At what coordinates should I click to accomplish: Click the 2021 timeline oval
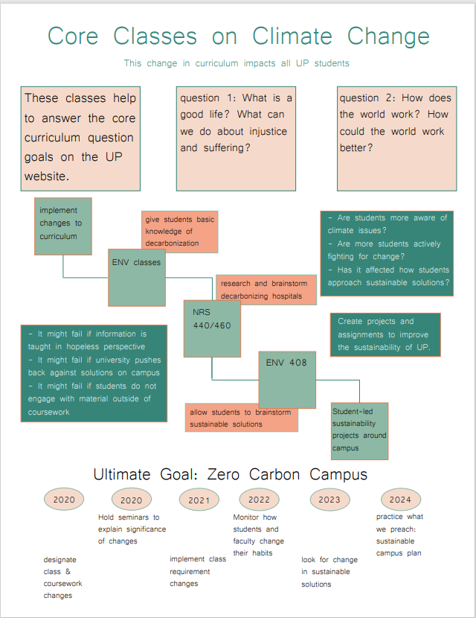199,500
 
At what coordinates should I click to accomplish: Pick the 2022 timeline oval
259,500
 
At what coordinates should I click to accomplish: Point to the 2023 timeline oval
329,500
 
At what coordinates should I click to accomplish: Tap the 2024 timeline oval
400,500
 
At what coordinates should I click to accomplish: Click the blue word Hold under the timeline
106,517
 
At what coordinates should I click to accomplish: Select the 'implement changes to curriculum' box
62,224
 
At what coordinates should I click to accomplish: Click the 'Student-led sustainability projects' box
359,430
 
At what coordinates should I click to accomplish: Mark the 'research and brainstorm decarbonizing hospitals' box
266,290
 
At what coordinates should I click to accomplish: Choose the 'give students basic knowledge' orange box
179,232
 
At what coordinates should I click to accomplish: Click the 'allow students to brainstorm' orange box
241,418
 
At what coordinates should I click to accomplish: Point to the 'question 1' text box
236,138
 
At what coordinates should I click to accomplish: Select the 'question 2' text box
396,138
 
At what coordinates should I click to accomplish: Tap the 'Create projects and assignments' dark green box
385,334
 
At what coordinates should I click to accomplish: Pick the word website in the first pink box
46,176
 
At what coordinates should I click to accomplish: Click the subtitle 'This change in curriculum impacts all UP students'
237,63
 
